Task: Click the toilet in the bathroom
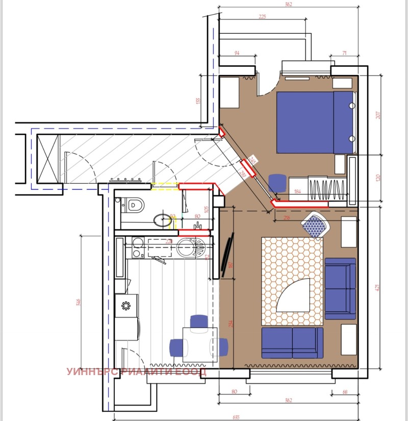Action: point(134,206)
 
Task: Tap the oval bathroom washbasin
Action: point(163,220)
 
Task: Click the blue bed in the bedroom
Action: point(315,122)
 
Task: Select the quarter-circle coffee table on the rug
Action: point(294,296)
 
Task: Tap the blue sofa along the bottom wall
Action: point(292,342)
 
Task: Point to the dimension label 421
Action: point(378,287)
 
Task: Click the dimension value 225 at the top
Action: point(262,17)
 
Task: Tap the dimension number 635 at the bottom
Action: point(236,417)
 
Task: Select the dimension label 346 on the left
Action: point(78,302)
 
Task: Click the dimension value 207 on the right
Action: point(378,115)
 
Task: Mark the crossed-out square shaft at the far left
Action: point(49,158)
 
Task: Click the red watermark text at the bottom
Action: point(137,372)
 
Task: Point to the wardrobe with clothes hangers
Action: point(326,189)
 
